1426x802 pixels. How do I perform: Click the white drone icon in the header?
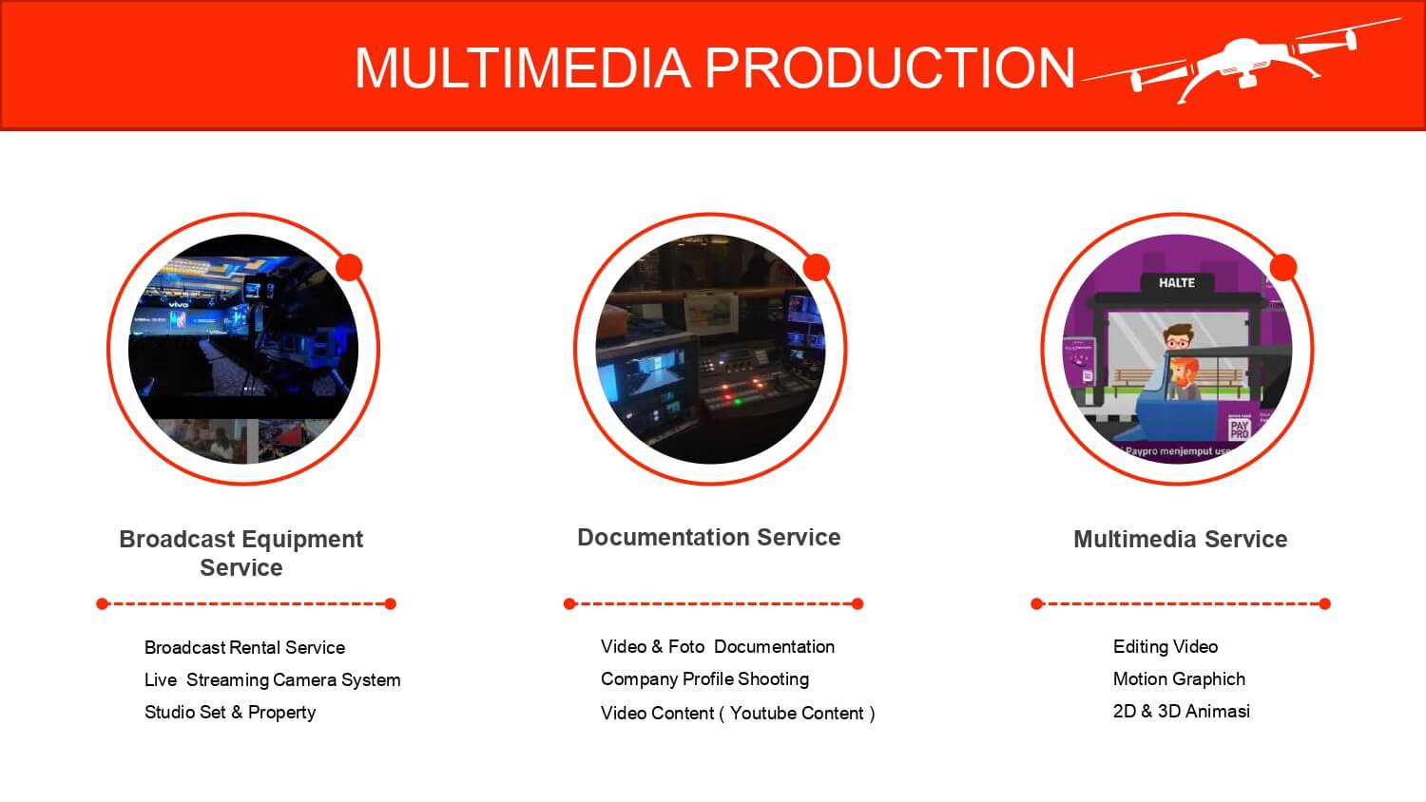[x=1242, y=61]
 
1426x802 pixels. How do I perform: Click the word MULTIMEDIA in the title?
[x=523, y=67]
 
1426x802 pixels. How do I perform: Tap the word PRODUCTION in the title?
[x=890, y=67]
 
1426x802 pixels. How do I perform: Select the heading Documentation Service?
[x=708, y=537]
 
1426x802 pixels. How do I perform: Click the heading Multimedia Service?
[x=1181, y=539]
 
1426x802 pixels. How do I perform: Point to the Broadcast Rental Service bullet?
[x=244, y=647]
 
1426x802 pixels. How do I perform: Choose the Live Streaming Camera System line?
[x=273, y=679]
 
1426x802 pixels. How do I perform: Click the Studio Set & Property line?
[x=230, y=713]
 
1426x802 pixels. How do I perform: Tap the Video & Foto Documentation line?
[x=718, y=647]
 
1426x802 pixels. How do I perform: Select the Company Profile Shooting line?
[x=704, y=679]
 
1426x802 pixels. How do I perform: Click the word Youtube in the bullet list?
[x=761, y=713]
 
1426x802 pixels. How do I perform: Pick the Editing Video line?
[x=1165, y=647]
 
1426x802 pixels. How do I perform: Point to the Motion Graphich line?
[x=1179, y=679]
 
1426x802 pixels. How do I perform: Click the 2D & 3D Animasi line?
[x=1181, y=711]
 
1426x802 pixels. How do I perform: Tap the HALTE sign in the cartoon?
[x=1177, y=282]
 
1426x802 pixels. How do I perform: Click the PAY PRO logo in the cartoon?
[x=1239, y=429]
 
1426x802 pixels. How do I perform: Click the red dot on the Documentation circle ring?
[x=816, y=267]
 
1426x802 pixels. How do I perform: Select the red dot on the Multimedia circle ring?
[x=1282, y=267]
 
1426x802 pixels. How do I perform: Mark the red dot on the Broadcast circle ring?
[x=349, y=267]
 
